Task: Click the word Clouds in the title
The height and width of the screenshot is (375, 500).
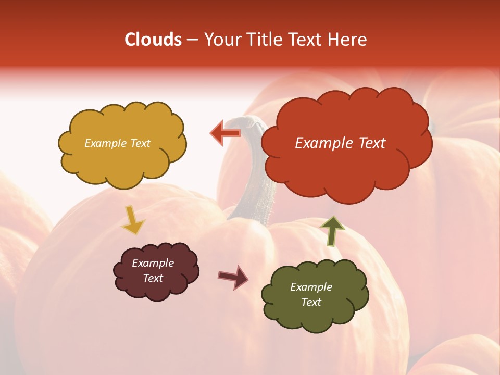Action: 153,40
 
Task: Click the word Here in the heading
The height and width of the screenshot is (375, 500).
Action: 348,40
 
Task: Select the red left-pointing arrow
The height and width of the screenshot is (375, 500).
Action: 225,133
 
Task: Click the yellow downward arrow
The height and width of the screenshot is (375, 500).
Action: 133,220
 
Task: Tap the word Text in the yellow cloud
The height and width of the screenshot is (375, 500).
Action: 140,143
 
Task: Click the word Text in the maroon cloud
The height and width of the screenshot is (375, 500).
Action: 153,278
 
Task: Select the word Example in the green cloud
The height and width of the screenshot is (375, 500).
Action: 311,287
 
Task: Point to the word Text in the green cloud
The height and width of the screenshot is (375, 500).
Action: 311,302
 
